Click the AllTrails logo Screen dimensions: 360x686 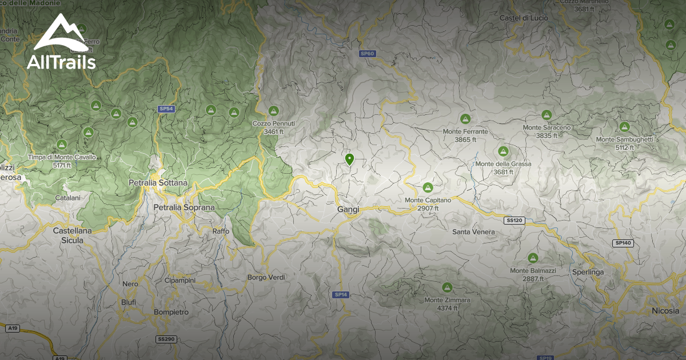(61, 43)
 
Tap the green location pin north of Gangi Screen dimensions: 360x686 (350, 159)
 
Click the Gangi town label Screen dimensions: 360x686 (348, 210)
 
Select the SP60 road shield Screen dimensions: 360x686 (367, 54)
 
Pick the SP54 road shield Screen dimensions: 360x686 (166, 109)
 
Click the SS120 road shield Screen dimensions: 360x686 (515, 220)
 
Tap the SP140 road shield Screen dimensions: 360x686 (623, 243)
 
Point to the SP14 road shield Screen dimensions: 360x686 (341, 294)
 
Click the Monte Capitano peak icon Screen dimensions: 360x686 (428, 187)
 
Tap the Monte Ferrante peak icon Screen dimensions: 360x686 (465, 119)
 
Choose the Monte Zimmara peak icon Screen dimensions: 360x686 (447, 287)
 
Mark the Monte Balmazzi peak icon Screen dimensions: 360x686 (533, 258)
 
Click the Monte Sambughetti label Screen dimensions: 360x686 (624, 139)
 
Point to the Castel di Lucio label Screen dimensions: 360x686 (524, 18)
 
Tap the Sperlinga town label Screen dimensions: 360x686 (588, 272)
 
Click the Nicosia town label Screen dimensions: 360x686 (665, 311)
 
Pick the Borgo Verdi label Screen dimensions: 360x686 (266, 277)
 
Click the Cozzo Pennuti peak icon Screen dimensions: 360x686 (273, 111)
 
